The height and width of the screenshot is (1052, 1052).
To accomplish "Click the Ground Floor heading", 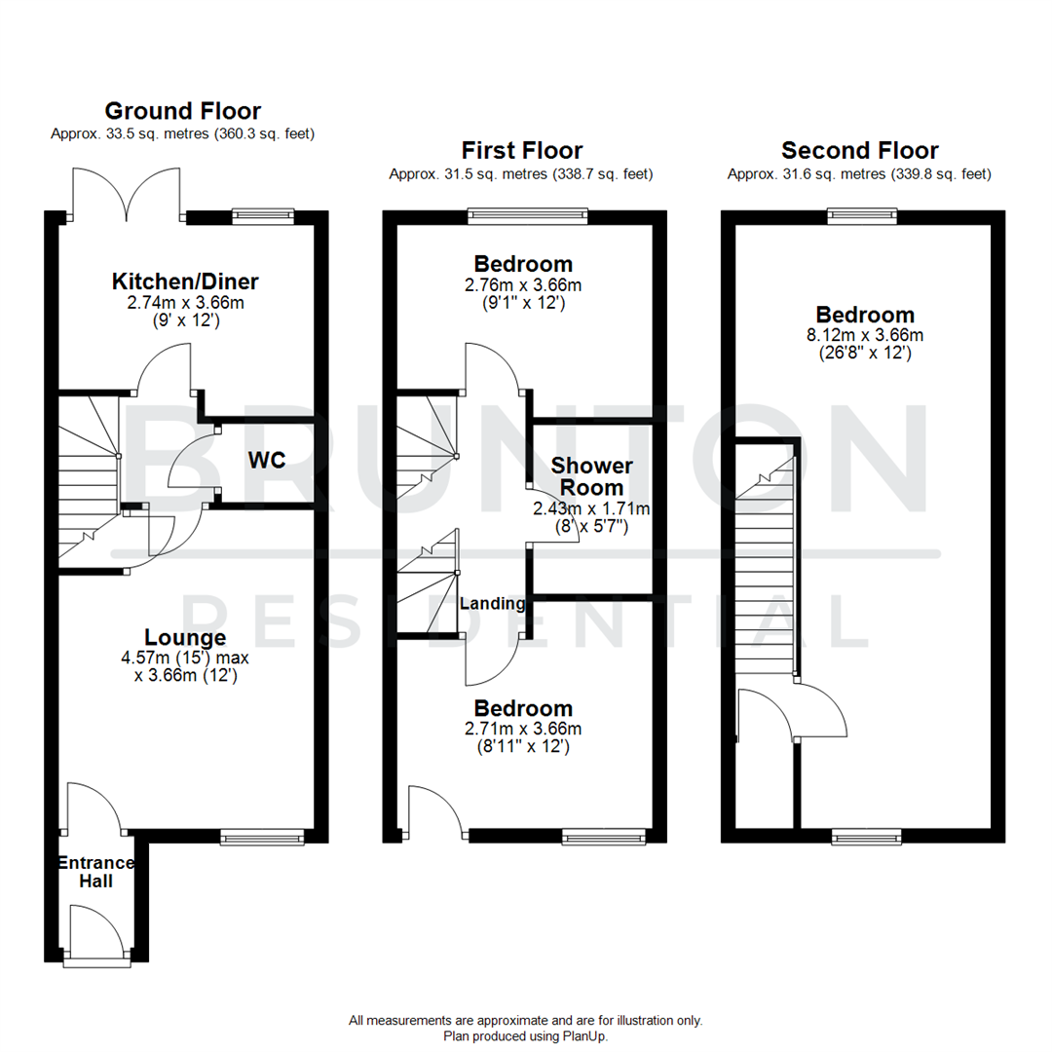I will [x=182, y=111].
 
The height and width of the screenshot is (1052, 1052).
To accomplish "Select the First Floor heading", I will [x=522, y=151].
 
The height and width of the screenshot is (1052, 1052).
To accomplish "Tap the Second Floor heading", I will [x=859, y=151].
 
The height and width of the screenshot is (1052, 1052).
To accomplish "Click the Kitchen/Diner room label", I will [x=185, y=282].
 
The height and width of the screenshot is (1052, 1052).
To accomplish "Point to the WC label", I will [x=265, y=461].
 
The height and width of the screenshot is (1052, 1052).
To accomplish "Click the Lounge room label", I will [x=185, y=638].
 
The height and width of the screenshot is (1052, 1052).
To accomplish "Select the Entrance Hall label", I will [x=96, y=872].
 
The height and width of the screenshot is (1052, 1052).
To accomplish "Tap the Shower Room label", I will [x=591, y=477].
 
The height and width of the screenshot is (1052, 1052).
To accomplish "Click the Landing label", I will [x=493, y=604].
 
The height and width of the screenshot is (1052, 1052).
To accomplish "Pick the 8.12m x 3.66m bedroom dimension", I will [x=864, y=335].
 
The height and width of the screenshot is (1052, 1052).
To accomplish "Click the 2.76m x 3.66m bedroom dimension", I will [x=523, y=284].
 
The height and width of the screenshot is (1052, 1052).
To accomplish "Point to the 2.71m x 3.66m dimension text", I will [x=523, y=729].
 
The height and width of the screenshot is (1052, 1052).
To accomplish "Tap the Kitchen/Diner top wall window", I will [x=262, y=215].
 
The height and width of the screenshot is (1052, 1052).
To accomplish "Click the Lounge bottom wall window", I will [x=262, y=836].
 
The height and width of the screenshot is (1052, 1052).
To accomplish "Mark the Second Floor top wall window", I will [x=861, y=215].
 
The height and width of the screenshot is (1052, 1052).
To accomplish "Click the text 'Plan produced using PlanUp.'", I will [x=525, y=1036].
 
